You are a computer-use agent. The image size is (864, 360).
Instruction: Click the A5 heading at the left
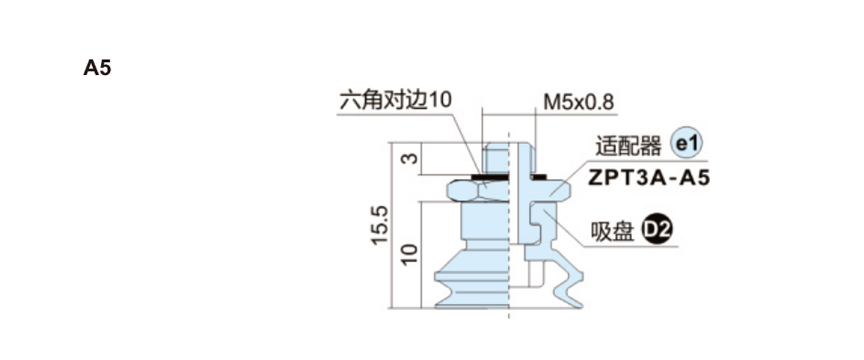coord(97,68)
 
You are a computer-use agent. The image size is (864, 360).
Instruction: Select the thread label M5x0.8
coord(578,102)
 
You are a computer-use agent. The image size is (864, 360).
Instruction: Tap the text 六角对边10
coord(396,99)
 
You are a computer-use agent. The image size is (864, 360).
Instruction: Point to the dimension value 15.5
coord(379,225)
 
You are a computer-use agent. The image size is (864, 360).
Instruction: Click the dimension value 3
coord(409,158)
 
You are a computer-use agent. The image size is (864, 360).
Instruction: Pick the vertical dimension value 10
coord(409,254)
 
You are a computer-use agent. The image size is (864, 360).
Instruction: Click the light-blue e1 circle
coord(687,143)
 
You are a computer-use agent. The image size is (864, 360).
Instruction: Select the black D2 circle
coord(657,229)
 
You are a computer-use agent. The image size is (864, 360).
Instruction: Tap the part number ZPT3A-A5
coord(649,178)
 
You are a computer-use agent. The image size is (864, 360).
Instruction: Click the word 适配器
coord(629,146)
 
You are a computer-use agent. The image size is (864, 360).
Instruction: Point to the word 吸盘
coord(613,232)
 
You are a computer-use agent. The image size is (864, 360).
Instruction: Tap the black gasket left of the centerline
coord(490,177)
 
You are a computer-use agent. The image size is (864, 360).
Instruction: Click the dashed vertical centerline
coord(509,226)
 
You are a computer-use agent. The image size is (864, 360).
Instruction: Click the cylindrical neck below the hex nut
coord(485,220)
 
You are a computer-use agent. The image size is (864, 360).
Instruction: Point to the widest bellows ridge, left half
coord(472,276)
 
